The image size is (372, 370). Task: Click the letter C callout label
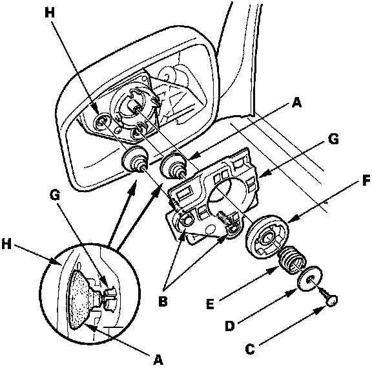(250, 349)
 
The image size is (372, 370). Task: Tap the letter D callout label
(229, 325)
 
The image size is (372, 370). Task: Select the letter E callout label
(210, 304)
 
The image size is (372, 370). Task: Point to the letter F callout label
(365, 180)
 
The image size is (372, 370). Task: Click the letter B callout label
(163, 301)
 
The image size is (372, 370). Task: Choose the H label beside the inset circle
(6, 244)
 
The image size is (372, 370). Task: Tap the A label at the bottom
(158, 359)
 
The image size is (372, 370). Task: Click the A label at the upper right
(296, 102)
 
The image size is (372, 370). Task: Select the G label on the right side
(333, 139)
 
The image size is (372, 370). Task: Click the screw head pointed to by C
(331, 301)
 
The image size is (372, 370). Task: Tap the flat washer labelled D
(310, 278)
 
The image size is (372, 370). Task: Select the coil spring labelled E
(291, 261)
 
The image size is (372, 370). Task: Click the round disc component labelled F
(267, 236)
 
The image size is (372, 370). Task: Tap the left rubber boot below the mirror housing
(135, 160)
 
